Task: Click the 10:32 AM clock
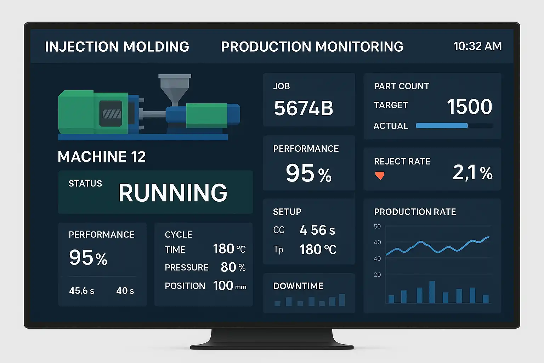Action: [x=477, y=46]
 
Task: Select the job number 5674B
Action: [x=304, y=108]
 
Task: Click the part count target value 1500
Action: [x=469, y=106]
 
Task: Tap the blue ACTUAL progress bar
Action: [x=442, y=125]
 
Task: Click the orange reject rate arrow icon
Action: [x=379, y=175]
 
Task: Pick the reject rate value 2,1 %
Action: [x=472, y=173]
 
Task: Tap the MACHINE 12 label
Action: [x=102, y=157]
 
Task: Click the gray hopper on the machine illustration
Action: [x=174, y=87]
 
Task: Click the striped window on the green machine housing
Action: [x=111, y=113]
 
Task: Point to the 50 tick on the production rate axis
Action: [x=377, y=227]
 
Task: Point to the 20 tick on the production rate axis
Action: [x=377, y=275]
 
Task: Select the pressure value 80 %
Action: [x=233, y=267]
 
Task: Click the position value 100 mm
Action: [x=229, y=286]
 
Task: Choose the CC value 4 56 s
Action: [x=317, y=230]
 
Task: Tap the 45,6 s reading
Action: [x=81, y=291]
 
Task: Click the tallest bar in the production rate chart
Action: [x=432, y=292]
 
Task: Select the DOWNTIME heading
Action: [x=298, y=286]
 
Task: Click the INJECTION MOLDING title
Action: [x=117, y=47]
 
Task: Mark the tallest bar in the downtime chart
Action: [x=342, y=300]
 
